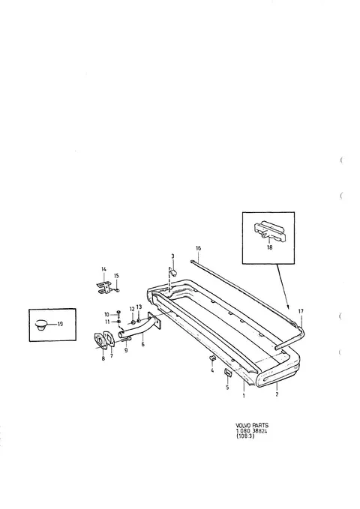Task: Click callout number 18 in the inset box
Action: pos(269,247)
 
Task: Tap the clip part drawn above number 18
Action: pos(269,232)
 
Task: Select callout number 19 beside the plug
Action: pos(60,324)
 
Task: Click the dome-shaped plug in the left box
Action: pos(41,325)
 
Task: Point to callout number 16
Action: pos(199,248)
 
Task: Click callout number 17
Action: pos(301,311)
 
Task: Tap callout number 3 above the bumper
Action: pos(172,256)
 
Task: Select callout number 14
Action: pos(103,269)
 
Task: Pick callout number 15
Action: pos(116,276)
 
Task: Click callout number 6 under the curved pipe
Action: pos(143,345)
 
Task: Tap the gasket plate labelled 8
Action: pos(100,342)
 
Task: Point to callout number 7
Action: pos(112,356)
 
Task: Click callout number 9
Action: pos(126,351)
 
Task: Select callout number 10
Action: pos(107,315)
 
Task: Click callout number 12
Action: pos(132,309)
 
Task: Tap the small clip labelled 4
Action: pos(212,358)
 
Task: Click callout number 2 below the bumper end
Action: pos(277,395)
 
